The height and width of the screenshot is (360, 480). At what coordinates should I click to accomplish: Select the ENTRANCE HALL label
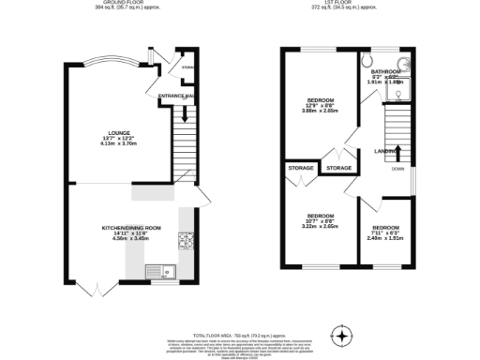click(176, 96)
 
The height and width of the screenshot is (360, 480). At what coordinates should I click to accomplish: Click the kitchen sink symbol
click(158, 272)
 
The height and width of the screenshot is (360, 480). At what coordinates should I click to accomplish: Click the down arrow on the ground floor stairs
click(185, 117)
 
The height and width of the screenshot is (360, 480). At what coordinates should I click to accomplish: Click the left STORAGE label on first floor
click(300, 169)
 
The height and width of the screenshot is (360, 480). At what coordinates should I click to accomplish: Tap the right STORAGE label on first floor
click(338, 168)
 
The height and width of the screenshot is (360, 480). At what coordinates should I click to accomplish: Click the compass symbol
click(343, 335)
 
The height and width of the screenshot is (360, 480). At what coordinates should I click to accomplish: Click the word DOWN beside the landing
click(397, 170)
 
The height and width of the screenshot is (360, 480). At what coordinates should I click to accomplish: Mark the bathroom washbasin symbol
click(405, 67)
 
